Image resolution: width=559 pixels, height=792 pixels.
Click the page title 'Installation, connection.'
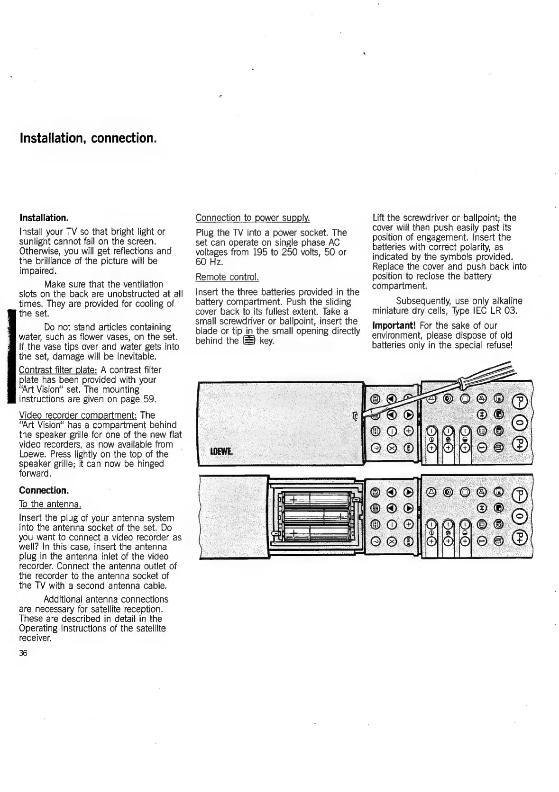(x=87, y=138)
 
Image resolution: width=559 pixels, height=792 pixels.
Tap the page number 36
(x=23, y=653)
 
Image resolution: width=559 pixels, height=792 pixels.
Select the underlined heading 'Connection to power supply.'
(x=253, y=218)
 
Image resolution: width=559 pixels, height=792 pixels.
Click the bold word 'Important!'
(x=394, y=325)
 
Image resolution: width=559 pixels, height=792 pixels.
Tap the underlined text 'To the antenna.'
(x=50, y=504)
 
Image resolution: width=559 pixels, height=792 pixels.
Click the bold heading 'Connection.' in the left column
(x=44, y=490)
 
